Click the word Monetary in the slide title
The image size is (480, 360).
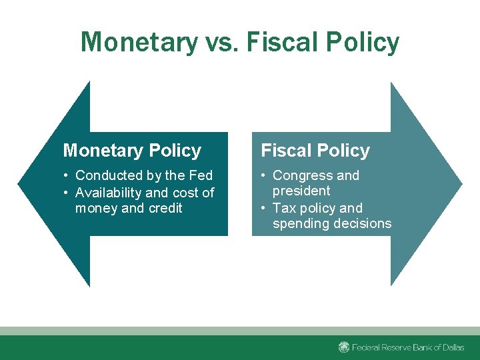[x=139, y=43]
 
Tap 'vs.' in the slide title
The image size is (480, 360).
[x=221, y=43]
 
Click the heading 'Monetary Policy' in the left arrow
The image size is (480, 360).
[x=132, y=151]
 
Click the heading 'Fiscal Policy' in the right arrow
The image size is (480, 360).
[x=315, y=151]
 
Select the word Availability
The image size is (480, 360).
[x=108, y=193]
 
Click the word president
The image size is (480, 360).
[x=301, y=191]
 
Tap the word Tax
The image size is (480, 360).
[x=285, y=208]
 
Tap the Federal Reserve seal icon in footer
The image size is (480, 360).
[x=344, y=347]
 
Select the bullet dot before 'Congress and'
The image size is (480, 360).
[x=265, y=176]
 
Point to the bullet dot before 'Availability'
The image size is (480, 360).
[x=67, y=193]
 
